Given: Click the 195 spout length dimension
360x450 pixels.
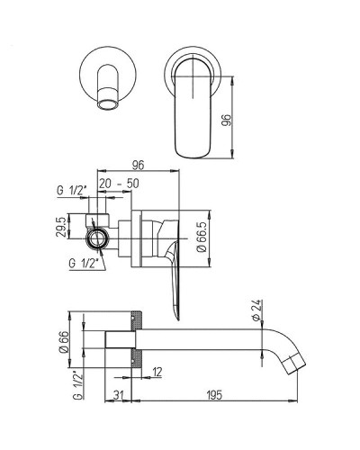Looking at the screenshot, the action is [x=214, y=395].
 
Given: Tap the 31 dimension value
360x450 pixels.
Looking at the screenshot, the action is [x=118, y=395].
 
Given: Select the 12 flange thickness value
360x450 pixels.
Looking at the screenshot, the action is [x=157, y=372].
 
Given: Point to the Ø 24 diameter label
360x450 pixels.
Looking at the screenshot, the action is [x=257, y=310].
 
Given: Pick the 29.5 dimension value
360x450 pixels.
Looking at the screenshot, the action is [x=60, y=227].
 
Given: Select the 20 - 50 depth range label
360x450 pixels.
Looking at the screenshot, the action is [x=119, y=184].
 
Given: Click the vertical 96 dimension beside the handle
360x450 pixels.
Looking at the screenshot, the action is [x=228, y=120].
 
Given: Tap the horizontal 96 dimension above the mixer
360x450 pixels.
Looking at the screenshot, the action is [x=137, y=165].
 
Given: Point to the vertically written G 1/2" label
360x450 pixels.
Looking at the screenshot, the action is [x=77, y=385].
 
